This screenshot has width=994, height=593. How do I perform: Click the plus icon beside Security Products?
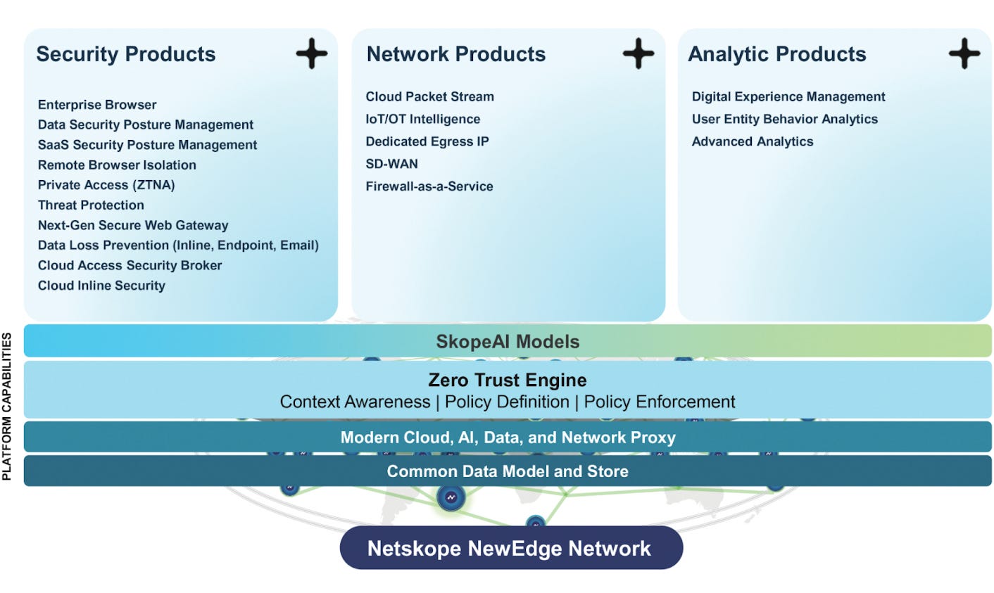click(x=311, y=54)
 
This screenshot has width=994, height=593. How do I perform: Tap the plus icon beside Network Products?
click(x=638, y=54)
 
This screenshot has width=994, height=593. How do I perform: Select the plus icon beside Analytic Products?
click(x=964, y=54)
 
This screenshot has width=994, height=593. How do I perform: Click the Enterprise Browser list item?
click(x=97, y=105)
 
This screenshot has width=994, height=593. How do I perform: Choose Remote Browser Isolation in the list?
click(x=117, y=165)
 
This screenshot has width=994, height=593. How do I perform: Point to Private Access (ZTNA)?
click(x=106, y=185)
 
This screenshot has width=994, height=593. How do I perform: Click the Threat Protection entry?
click(x=91, y=205)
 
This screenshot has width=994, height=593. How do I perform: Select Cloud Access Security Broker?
click(x=130, y=266)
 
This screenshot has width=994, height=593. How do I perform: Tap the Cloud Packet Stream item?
click(x=429, y=97)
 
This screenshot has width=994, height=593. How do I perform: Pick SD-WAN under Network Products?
click(x=391, y=164)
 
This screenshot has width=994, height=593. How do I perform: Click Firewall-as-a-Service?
click(x=429, y=186)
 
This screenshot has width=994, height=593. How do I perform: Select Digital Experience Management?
click(x=788, y=97)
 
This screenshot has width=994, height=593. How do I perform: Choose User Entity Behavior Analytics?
click(x=784, y=120)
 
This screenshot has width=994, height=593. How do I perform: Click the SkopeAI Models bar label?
click(x=508, y=342)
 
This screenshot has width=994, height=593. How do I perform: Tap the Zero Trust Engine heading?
click(x=508, y=381)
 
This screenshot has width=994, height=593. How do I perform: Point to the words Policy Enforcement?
click(x=659, y=402)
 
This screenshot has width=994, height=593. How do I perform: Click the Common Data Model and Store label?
click(x=508, y=471)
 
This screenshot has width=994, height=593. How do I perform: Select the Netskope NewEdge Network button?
click(x=510, y=549)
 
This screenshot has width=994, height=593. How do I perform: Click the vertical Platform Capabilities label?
click(x=7, y=407)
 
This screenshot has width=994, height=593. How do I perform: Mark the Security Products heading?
click(x=126, y=54)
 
